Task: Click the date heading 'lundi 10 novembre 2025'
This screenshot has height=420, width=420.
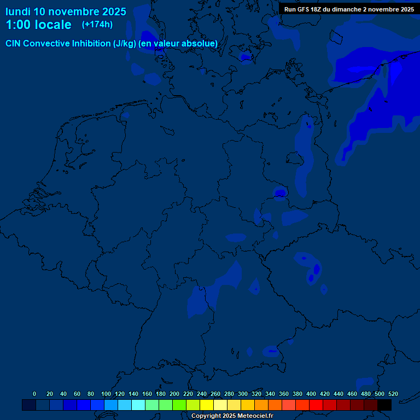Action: [x=66, y=11]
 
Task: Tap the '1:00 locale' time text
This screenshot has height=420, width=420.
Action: [x=38, y=25]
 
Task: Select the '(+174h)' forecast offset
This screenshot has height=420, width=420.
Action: [x=97, y=25]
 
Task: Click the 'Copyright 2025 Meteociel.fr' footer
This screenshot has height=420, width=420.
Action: [x=232, y=416]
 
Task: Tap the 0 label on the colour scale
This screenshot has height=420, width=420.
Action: [x=34, y=394]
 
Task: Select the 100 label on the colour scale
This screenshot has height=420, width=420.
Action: [x=106, y=394]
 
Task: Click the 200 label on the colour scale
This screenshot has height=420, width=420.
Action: [x=174, y=394]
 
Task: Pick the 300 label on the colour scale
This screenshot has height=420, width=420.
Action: [x=243, y=394]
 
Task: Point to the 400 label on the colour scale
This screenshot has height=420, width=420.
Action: [x=311, y=394]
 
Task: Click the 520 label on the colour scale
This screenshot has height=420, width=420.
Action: [x=393, y=394]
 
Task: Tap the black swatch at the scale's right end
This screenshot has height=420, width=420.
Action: [x=384, y=405]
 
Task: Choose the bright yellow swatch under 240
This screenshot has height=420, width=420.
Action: [x=207, y=405]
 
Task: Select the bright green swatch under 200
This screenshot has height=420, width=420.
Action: [x=179, y=405]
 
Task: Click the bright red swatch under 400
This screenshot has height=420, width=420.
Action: [x=316, y=405]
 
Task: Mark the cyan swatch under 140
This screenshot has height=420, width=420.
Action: [x=138, y=405]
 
